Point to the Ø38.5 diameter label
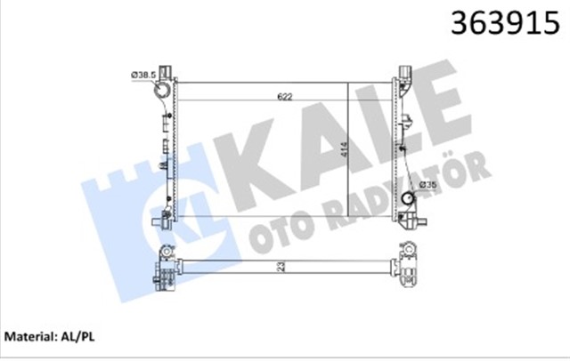pos(144,74)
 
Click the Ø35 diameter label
pos(429,185)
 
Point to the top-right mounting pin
pos(405,69)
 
